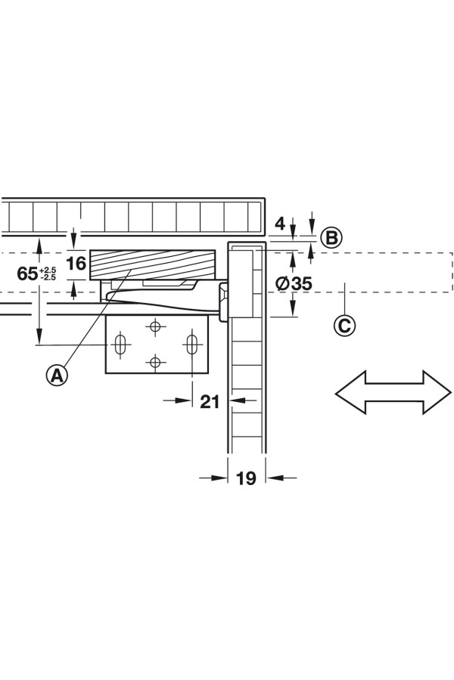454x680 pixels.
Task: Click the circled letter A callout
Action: (x=57, y=374)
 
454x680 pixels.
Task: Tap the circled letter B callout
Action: (x=331, y=237)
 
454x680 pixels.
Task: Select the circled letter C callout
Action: (x=344, y=325)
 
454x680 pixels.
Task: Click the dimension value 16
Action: (x=76, y=264)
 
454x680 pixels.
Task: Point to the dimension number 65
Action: (x=28, y=274)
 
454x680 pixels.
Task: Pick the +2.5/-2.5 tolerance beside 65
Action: (x=49, y=274)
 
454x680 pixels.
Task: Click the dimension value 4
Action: (x=280, y=224)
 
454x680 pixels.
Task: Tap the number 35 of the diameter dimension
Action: (x=301, y=284)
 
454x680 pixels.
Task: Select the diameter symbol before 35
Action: (x=281, y=284)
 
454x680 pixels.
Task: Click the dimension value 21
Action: (x=210, y=401)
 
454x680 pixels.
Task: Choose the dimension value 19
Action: (x=246, y=478)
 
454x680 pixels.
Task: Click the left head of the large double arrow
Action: (x=350, y=392)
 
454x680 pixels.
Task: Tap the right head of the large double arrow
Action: (x=437, y=392)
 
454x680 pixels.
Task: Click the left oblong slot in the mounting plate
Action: (x=120, y=345)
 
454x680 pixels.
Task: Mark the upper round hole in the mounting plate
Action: (x=155, y=327)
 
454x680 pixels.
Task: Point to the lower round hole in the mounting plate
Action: (x=155, y=362)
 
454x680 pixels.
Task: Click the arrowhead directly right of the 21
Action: (x=237, y=401)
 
